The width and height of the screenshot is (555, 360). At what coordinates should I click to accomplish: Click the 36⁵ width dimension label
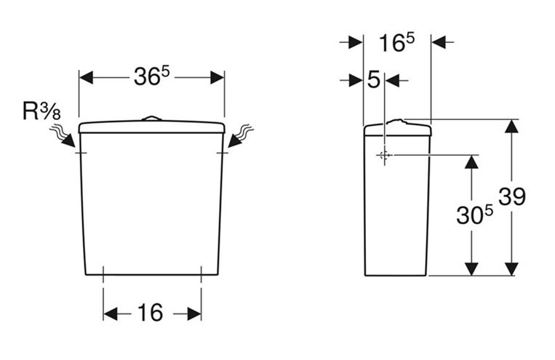151,76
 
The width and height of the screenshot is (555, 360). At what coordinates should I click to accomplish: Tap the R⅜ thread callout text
41,111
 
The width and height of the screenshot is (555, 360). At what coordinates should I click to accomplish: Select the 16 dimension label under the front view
150,313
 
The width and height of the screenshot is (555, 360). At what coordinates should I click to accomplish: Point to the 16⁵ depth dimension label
396,42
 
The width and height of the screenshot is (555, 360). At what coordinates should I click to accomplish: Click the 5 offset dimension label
374,80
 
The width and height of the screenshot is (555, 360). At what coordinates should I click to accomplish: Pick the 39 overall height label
512,196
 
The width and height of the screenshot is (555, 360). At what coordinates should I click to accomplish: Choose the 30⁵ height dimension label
474,215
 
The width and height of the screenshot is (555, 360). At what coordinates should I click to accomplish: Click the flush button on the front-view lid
151,118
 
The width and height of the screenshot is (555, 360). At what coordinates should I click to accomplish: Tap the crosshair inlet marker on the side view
384,155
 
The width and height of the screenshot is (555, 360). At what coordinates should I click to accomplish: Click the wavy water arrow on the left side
63,135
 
